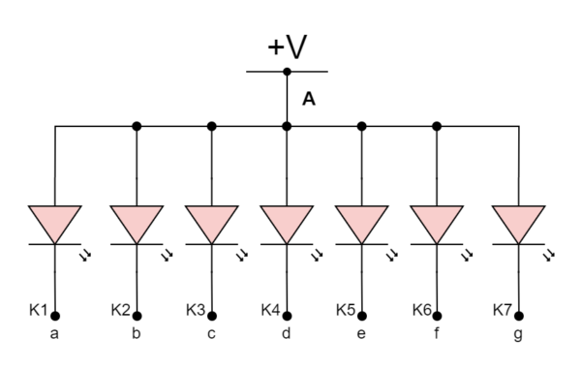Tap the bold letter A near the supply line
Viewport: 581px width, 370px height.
point(309,99)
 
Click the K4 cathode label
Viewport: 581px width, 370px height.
point(271,310)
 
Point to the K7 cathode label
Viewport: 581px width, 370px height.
point(501,310)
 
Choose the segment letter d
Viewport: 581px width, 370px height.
point(285,335)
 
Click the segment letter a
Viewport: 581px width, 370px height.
point(54,335)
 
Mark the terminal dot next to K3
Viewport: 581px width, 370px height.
point(212,316)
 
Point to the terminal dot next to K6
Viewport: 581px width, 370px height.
point(437,316)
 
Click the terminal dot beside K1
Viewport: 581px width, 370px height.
point(55,316)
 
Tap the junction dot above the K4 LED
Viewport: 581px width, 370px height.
point(287,126)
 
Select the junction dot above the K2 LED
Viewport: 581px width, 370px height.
point(137,126)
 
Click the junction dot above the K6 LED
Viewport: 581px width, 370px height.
point(437,126)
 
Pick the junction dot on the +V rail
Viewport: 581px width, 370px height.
point(287,72)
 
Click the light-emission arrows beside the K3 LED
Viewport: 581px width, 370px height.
point(241,256)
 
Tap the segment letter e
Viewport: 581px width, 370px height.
point(361,335)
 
